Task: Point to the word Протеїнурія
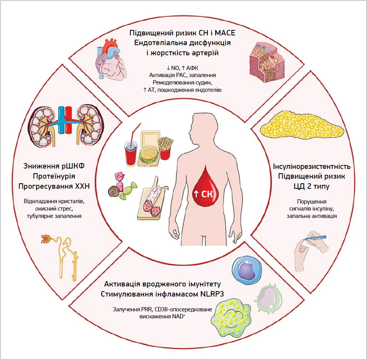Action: (x=54, y=176)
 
